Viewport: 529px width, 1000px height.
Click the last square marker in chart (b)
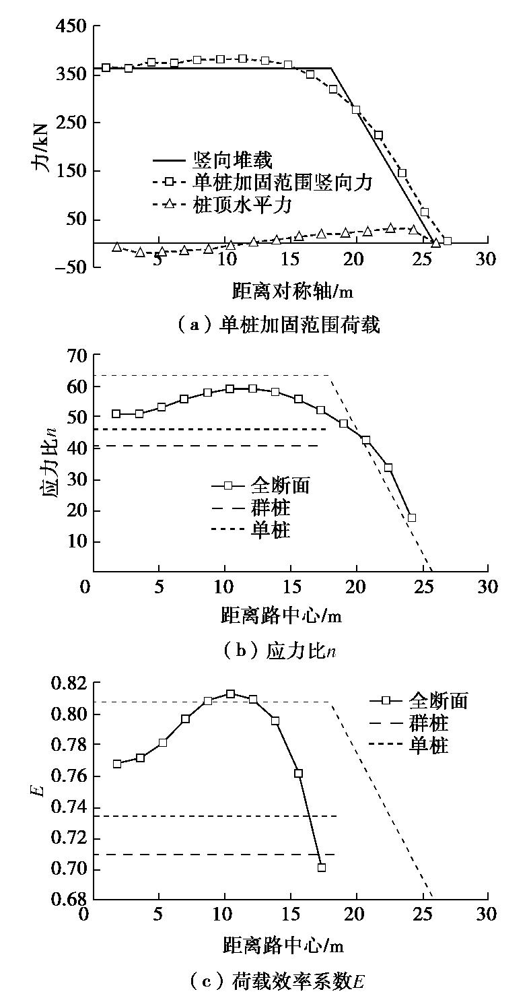coord(411,518)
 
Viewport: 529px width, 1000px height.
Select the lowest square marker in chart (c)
coord(321,867)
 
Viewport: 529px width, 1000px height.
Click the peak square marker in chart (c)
coord(230,694)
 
